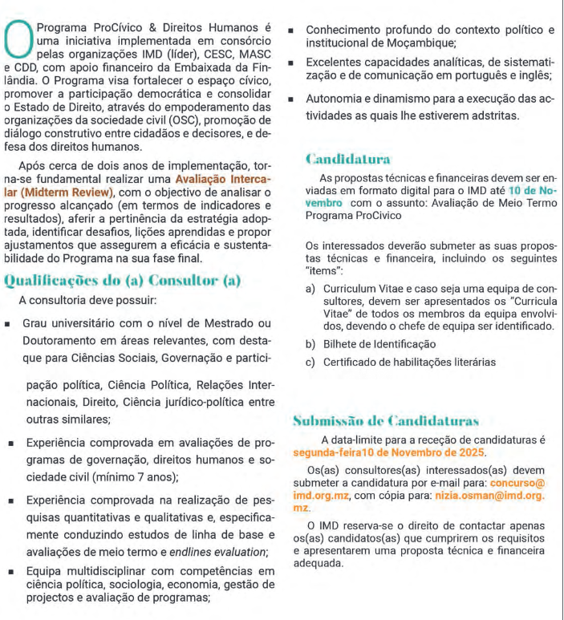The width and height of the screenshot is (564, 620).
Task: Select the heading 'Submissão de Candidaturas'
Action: point(386,419)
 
